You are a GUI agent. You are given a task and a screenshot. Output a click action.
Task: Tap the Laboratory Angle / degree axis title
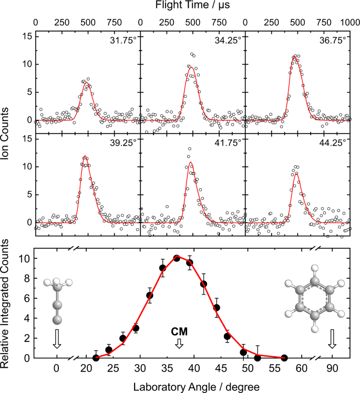[192, 386]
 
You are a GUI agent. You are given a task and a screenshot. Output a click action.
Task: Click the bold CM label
[179, 331]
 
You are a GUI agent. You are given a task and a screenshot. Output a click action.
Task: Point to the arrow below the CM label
[179, 343]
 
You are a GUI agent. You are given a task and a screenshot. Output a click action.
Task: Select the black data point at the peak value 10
[177, 258]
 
